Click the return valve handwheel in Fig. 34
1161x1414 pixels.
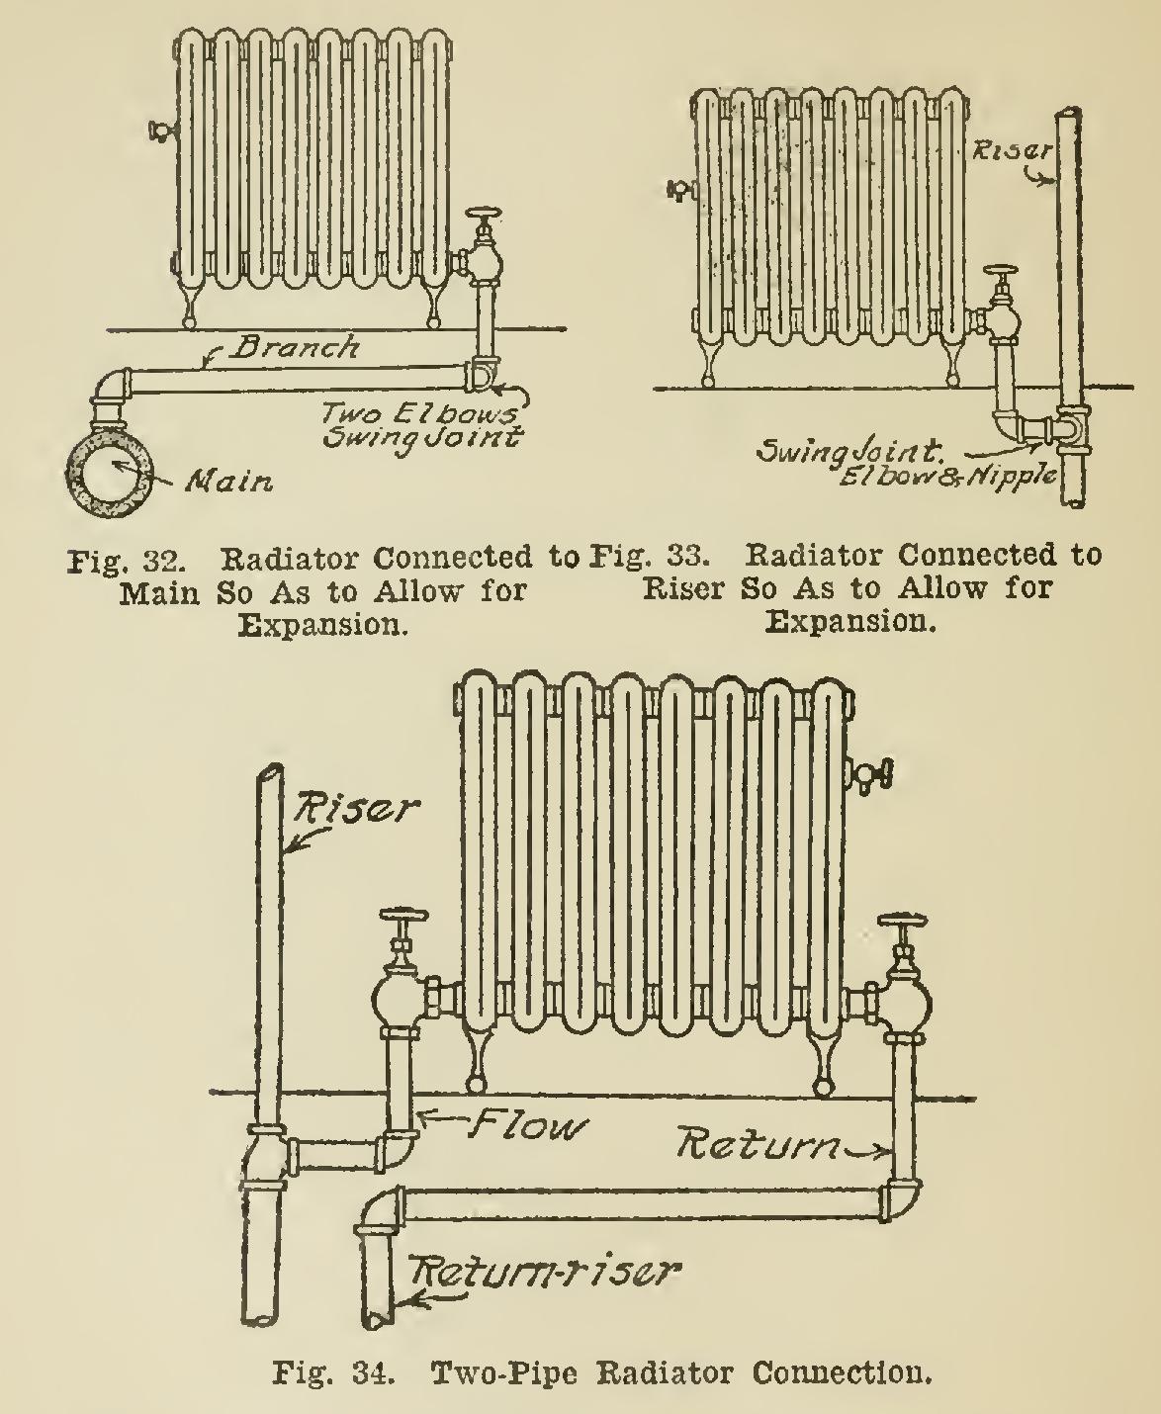906,926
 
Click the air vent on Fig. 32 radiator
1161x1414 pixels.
159,130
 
